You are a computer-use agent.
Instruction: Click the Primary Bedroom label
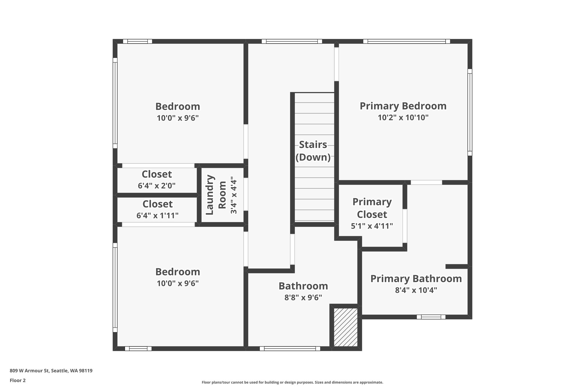click(x=403, y=106)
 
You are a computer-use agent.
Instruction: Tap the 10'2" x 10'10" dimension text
click(x=403, y=117)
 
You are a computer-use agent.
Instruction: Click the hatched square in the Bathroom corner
click(x=346, y=327)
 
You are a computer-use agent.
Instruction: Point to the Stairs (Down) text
click(x=313, y=151)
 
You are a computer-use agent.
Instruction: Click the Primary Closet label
click(x=372, y=208)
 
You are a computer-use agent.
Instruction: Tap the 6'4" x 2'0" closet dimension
click(x=157, y=186)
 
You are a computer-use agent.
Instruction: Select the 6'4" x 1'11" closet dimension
click(x=157, y=215)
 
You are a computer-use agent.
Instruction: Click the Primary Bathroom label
click(x=416, y=279)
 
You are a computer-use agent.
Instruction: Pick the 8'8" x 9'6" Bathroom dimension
click(x=303, y=297)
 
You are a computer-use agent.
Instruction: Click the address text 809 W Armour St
click(x=51, y=371)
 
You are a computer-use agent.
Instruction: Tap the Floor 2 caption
click(x=18, y=380)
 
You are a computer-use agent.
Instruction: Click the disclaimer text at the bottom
click(x=292, y=382)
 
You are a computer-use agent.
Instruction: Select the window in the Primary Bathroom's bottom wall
click(x=431, y=317)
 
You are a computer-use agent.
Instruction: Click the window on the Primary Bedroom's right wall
click(x=470, y=112)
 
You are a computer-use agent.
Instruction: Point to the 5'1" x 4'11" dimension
click(x=372, y=226)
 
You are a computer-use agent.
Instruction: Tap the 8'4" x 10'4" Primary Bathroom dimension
click(x=416, y=290)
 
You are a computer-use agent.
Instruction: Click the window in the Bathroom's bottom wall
click(x=290, y=348)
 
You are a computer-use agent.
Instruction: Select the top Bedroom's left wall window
click(x=115, y=103)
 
